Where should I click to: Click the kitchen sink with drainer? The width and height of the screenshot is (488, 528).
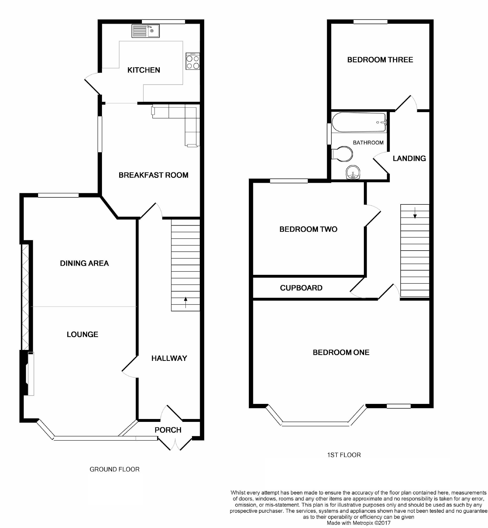(x=146, y=31)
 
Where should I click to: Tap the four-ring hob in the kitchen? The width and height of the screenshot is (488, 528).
(x=192, y=62)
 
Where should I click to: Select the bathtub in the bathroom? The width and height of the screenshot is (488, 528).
(x=359, y=122)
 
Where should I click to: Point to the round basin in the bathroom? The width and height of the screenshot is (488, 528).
(x=353, y=172)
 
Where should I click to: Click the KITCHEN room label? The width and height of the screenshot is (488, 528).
(x=144, y=70)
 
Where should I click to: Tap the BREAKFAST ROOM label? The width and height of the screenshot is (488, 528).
(x=153, y=175)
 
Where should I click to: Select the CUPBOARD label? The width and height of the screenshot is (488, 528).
(x=301, y=288)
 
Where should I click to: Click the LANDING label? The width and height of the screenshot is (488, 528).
(x=409, y=159)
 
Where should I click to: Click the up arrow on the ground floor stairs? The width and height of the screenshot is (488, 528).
(x=185, y=302)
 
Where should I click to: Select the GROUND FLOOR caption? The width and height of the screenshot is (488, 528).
(x=114, y=469)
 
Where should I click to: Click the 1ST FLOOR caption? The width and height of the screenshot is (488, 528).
(x=344, y=455)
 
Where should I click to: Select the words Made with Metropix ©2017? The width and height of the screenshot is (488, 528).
(x=358, y=523)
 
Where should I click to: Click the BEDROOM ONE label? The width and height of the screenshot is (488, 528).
(x=341, y=353)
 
